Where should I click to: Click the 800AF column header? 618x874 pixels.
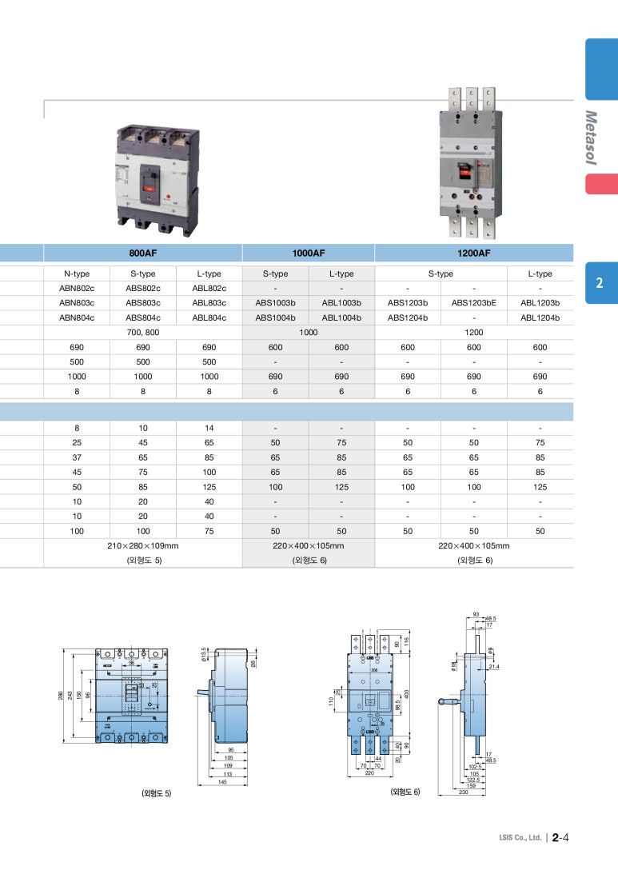(143, 253)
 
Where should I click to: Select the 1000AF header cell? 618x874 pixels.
(309, 253)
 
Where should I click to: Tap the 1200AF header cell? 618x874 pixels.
(473, 253)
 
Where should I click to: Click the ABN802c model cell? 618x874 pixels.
(77, 289)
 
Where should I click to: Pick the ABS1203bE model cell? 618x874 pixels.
(473, 303)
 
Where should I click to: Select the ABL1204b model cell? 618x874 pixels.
(540, 317)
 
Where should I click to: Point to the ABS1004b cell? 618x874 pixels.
(275, 317)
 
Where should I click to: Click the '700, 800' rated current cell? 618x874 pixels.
(143, 332)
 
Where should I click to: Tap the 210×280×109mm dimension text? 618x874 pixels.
(143, 546)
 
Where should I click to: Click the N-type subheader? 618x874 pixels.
(77, 273)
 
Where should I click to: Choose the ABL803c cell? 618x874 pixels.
(209, 303)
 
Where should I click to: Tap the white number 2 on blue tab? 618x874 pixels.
(600, 283)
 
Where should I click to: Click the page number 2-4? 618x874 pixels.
(560, 838)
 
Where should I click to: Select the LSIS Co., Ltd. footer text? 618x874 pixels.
(520, 839)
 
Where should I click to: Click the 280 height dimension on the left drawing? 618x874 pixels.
(60, 696)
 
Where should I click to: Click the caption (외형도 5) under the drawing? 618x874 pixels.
(157, 793)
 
